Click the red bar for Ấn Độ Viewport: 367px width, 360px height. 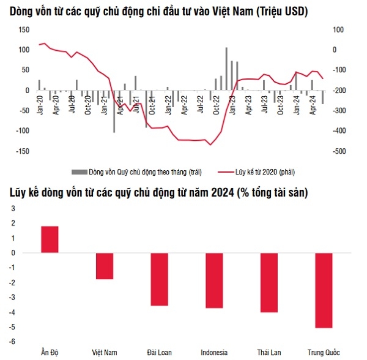coord(50,239)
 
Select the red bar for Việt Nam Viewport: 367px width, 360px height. coord(105,266)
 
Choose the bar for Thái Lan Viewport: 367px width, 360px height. coord(269,282)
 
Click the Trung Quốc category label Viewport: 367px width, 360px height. coord(324,352)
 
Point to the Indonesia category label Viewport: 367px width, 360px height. coord(213,352)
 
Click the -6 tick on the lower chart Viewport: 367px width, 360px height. coord(13,342)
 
